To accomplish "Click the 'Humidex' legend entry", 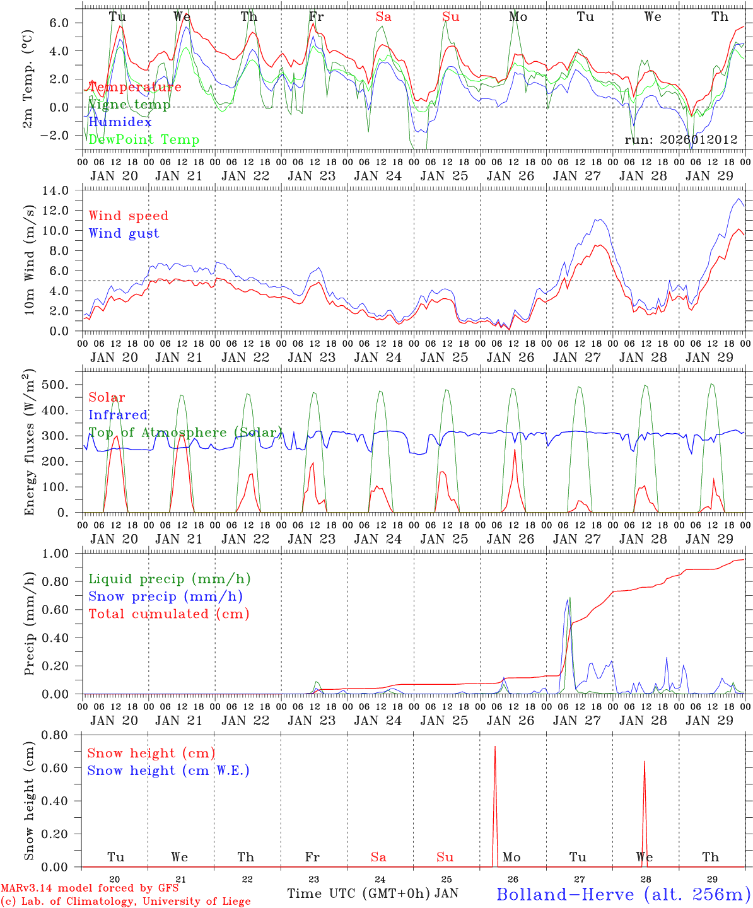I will (120, 122).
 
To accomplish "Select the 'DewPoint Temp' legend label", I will (144, 139).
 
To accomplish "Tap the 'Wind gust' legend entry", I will (124, 233).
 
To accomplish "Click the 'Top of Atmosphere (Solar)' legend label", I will (185, 433).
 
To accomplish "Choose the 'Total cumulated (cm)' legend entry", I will (169, 614).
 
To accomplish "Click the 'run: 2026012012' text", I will (680, 139).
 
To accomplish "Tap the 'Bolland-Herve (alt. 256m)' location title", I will (623, 893).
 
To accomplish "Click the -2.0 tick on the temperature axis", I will (62, 136).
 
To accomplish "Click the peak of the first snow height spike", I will (495, 747).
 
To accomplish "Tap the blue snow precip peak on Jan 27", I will (567, 600).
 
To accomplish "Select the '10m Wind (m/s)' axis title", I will (29, 262).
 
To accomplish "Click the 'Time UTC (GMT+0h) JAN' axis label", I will (372, 893).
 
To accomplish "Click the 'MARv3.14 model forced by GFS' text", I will (90, 888).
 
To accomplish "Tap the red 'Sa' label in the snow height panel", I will (378, 857).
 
